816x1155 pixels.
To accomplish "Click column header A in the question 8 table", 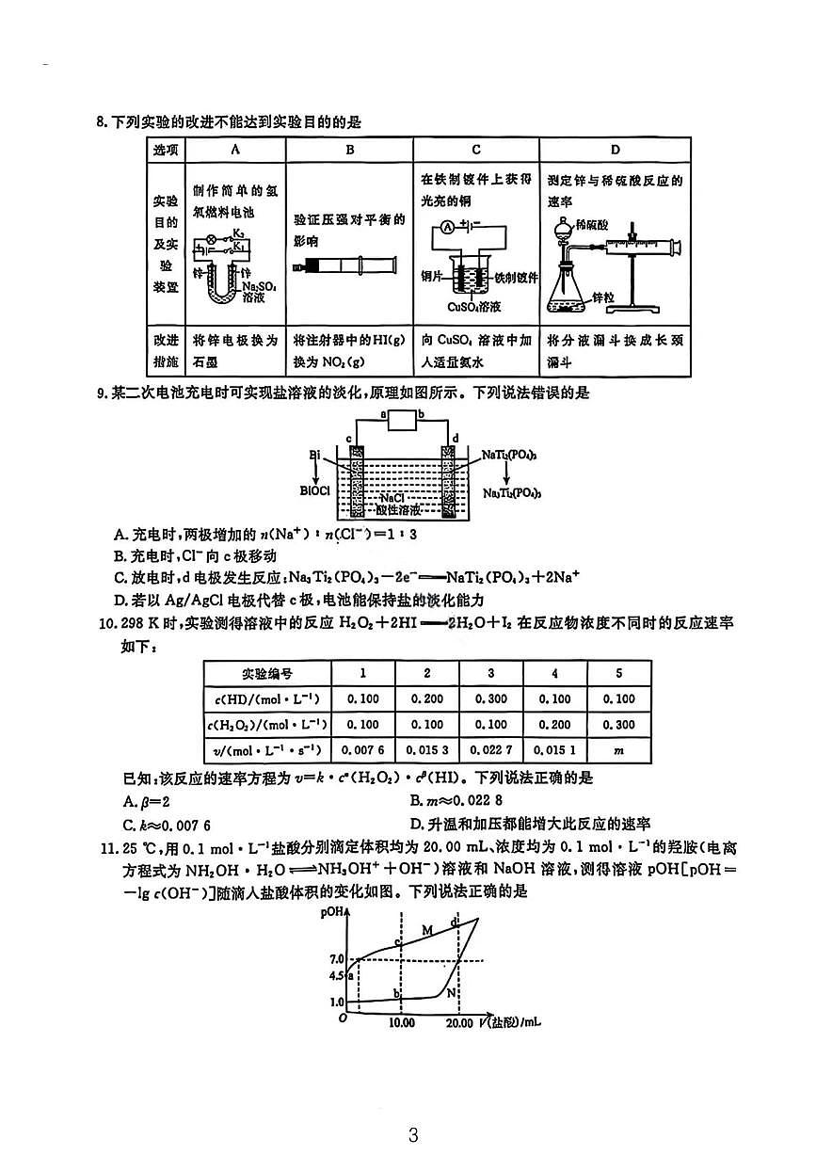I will [234, 150].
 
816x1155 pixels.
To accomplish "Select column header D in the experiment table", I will [615, 150].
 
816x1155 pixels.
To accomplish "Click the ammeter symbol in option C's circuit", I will [448, 227].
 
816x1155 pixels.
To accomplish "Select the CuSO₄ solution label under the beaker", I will [478, 307].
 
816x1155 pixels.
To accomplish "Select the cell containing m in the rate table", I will [618, 750].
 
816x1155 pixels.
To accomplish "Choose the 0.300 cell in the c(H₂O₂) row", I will [618, 725].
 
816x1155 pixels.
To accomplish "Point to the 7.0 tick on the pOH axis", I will [338, 958].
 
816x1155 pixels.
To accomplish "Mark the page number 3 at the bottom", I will [412, 1134].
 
